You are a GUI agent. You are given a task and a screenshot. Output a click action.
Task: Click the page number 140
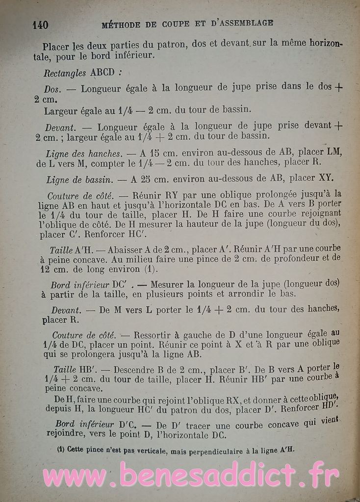click(x=40, y=25)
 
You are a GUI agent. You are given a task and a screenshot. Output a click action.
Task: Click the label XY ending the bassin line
click(x=326, y=177)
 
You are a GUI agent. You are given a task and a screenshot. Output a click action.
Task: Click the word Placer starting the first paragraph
click(x=56, y=47)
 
